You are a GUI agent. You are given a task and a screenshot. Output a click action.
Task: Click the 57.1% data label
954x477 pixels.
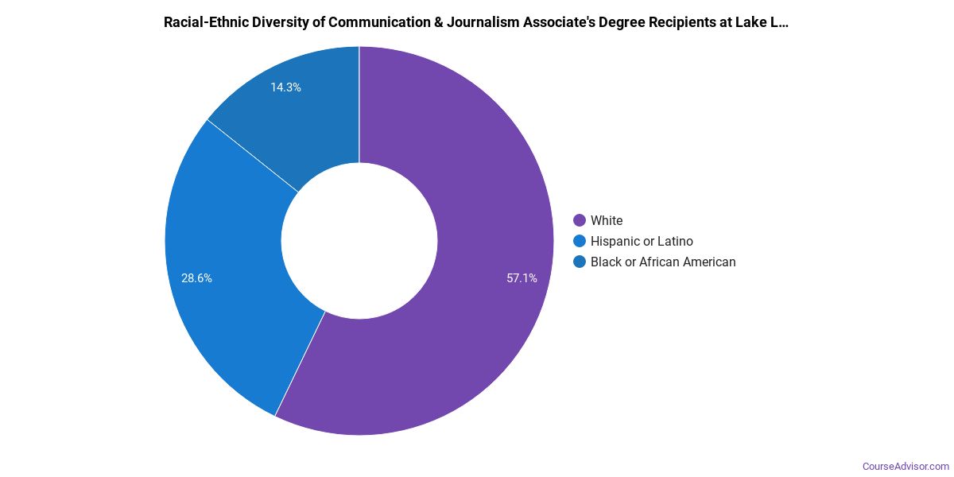pos(522,278)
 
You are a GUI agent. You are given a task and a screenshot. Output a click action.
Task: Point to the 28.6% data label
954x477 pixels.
pos(196,278)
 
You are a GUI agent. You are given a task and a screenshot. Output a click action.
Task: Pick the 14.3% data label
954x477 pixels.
pos(285,87)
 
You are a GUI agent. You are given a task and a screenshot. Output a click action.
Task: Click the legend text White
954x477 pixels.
pos(607,220)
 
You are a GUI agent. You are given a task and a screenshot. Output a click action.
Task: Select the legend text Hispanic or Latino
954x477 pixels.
pos(642,241)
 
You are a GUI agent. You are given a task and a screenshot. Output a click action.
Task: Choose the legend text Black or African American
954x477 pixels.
pos(663,262)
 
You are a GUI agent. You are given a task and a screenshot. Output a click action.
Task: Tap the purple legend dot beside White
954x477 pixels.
pos(580,220)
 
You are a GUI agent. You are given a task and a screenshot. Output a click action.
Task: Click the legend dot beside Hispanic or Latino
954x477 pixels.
pos(580,241)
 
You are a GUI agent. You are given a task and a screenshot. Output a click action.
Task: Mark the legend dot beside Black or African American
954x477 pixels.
pos(580,262)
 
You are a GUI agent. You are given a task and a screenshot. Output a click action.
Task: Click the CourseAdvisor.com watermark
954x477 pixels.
pos(906,466)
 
